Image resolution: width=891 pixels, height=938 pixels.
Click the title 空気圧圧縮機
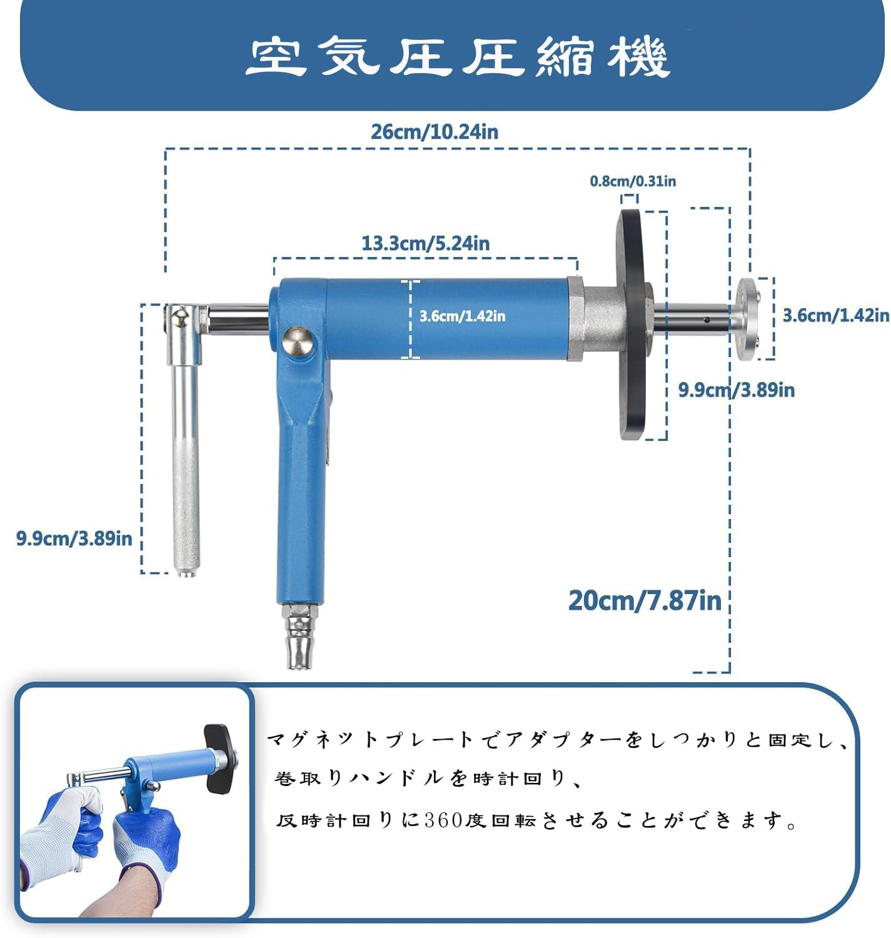click(457, 57)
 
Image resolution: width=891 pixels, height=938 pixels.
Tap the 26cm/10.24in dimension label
click(434, 132)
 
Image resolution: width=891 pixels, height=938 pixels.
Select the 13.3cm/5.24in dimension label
click(425, 243)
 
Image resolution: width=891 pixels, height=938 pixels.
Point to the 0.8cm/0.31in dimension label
click(633, 181)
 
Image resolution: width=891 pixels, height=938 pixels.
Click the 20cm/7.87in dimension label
click(645, 600)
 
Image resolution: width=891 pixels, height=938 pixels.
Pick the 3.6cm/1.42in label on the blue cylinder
click(462, 316)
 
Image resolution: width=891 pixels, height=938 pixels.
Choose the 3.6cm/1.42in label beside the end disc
click(835, 315)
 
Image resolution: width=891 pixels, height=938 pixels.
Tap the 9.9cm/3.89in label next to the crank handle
click(74, 538)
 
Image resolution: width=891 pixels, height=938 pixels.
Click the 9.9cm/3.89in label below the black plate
click(736, 390)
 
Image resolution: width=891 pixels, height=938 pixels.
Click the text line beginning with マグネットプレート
click(556, 740)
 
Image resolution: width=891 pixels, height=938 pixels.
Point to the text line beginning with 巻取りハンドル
click(428, 779)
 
